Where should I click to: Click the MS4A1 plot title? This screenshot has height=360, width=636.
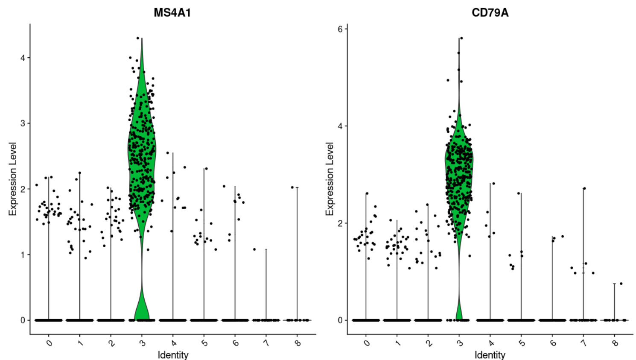pos(172,13)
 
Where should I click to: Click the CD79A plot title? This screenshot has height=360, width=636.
pos(490,13)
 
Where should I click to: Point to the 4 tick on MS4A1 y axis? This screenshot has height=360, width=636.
pos(23,58)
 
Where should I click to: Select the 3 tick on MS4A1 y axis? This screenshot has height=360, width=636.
pos(23,123)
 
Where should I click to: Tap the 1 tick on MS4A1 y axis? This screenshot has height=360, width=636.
pos(23,255)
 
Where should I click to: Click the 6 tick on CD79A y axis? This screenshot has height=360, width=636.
pos(340,29)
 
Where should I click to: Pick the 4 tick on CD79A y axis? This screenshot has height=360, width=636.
pos(340,126)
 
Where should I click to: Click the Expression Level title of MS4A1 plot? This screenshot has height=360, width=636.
pos(13,179)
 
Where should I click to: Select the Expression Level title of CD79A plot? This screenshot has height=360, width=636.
pos(330,179)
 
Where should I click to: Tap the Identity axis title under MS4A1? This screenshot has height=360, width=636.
pos(173,355)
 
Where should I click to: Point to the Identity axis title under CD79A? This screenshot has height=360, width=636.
pos(490,355)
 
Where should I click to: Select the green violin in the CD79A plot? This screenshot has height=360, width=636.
pos(459,171)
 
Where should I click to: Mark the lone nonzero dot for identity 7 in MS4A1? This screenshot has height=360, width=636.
pos(254,249)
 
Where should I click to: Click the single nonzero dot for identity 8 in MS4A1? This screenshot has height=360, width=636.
pos(292,187)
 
